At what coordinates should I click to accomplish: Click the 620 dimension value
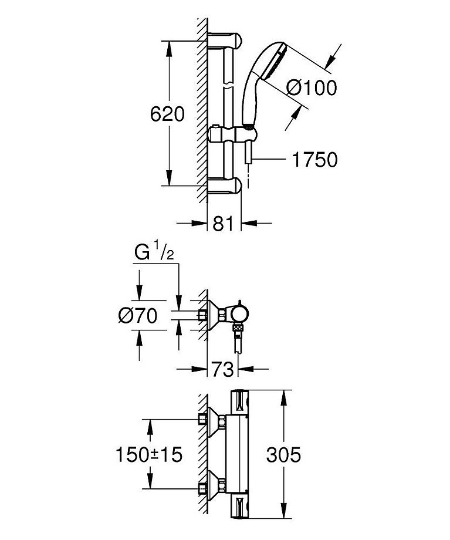[168, 114]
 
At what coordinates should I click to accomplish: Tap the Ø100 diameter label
[312, 88]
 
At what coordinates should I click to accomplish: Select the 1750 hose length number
[314, 160]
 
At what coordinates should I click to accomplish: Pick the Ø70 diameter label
[138, 316]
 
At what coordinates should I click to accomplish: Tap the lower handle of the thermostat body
[241, 505]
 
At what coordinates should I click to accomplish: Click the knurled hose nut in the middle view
[238, 329]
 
